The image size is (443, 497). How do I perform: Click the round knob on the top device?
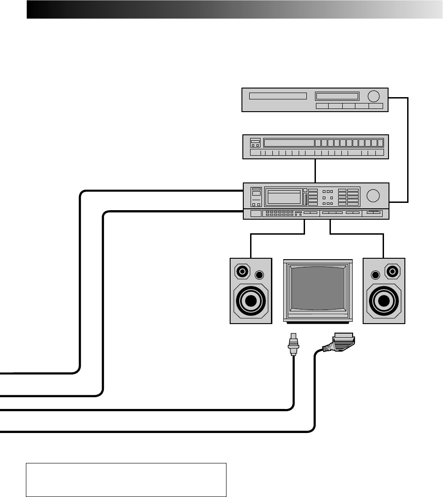pos(374,96)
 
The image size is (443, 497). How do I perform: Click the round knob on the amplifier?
pos(374,195)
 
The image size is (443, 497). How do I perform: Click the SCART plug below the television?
pos(340,342)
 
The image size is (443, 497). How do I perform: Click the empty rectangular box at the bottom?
pos(126,480)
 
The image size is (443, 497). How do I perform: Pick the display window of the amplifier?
pos(284,197)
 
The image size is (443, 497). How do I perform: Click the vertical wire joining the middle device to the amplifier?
pos(315,171)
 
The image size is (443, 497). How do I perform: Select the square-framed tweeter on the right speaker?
pos(392,272)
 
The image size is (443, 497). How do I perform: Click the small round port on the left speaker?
pos(259,275)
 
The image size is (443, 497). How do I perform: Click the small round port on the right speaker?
pos(375,275)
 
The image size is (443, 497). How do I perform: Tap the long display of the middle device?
pos(289,143)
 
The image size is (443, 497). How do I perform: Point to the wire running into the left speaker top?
pos(251,245)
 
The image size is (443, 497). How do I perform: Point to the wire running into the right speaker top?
pos(384,245)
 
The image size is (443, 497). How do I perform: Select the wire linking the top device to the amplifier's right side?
pos(408,150)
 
